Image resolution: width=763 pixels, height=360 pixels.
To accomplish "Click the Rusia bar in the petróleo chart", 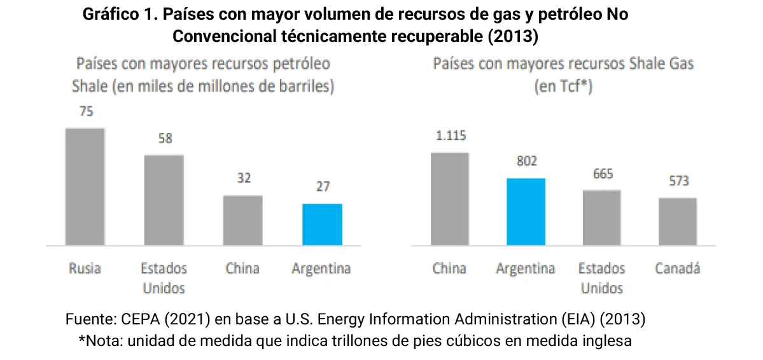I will coord(85,186).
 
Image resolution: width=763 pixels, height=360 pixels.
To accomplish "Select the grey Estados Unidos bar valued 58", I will coord(164,200).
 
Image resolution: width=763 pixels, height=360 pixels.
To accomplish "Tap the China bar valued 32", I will coord(242,220).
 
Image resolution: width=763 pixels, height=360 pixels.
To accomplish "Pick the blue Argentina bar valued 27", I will coord(322,224).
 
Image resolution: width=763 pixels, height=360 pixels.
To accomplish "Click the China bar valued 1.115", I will coord(449,198).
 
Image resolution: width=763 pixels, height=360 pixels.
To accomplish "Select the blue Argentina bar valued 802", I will coord(526,211).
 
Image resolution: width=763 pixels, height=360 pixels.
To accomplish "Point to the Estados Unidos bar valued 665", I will coord(601,218).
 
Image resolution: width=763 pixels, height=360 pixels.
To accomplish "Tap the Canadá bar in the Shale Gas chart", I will coord(678,221).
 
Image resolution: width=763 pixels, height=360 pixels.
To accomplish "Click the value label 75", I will coord(86,112).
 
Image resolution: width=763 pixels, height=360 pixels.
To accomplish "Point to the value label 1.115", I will coord(449,135).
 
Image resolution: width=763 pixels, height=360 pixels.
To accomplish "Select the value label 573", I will coord(678,181).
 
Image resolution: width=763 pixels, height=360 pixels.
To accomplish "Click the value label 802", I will coord(526,162).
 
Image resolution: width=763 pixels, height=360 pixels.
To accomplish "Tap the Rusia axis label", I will coord(85,268).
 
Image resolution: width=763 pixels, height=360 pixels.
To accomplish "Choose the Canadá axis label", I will coord(678,268).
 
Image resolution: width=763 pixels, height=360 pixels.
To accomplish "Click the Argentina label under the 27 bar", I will coord(321,268).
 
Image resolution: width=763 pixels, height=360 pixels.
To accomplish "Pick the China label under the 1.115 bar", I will coord(449,268).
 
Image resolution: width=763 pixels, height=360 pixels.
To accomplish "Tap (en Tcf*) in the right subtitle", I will coord(563,87).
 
